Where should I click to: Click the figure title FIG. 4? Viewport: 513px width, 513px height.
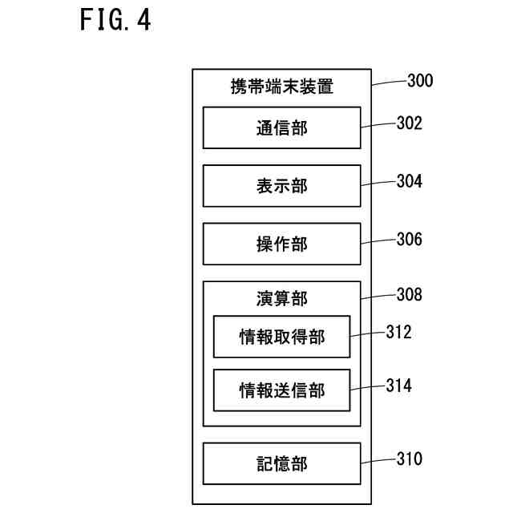(115, 19)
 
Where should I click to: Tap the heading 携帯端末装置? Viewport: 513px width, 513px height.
(281, 87)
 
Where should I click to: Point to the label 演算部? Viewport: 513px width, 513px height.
(281, 299)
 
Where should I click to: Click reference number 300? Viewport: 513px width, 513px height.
(420, 80)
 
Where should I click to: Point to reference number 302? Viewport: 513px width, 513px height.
(410, 123)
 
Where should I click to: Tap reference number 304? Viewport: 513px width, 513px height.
(410, 181)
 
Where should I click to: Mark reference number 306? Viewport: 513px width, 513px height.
(410, 239)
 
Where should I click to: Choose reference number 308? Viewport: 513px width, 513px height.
(410, 294)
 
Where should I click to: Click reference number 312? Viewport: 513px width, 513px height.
(398, 332)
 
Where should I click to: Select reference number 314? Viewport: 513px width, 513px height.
(398, 386)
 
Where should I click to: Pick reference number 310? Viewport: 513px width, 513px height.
(410, 458)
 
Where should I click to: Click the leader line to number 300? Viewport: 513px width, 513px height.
(390, 82)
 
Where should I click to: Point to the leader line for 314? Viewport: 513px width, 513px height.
(368, 387)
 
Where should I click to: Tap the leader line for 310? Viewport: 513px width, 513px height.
(379, 461)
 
